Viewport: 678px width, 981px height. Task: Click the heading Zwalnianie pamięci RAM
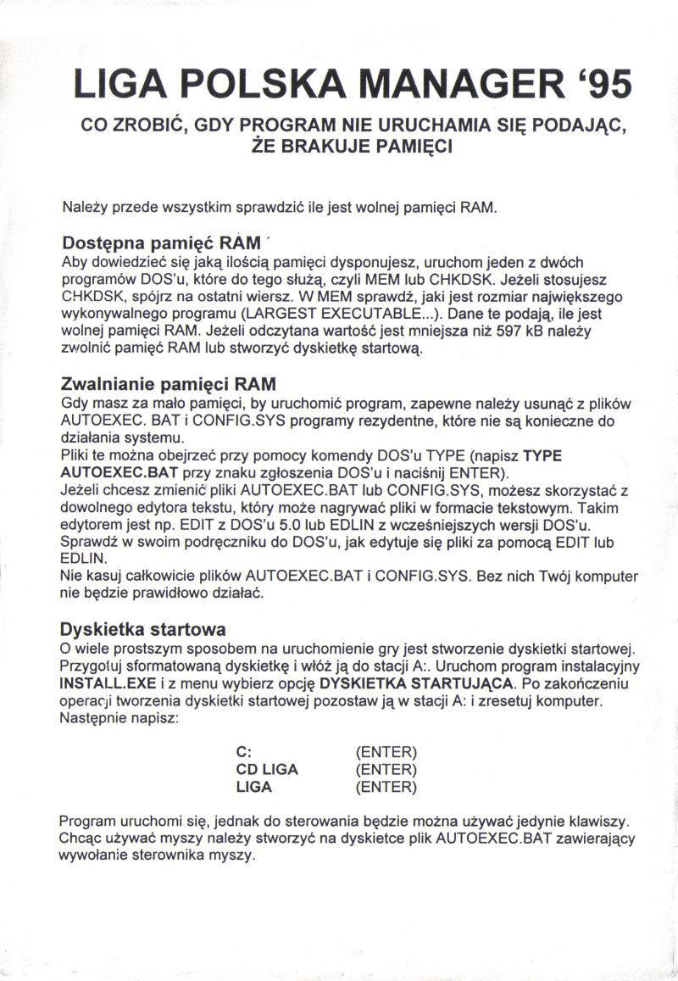[x=169, y=384]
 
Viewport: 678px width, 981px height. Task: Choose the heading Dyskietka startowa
[x=142, y=630]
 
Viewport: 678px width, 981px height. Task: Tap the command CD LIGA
[x=267, y=770]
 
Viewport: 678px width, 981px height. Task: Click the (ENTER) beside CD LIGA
[x=386, y=770]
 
